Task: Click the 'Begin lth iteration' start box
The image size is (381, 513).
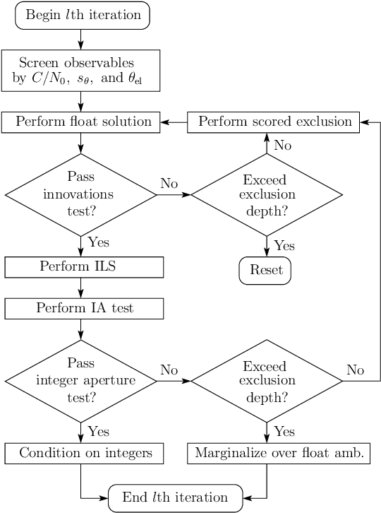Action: click(x=83, y=16)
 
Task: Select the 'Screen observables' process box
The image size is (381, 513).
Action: click(x=81, y=71)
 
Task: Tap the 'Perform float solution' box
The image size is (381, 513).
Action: click(x=81, y=122)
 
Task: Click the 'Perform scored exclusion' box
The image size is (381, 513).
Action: click(x=274, y=122)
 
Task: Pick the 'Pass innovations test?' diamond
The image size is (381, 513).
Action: click(x=81, y=194)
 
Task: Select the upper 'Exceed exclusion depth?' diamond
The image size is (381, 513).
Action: click(x=267, y=194)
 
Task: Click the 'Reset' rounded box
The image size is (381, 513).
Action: click(x=265, y=270)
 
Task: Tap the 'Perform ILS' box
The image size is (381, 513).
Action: click(x=84, y=267)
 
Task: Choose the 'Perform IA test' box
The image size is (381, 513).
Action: click(x=84, y=308)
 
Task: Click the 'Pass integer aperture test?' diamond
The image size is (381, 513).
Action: click(x=81, y=381)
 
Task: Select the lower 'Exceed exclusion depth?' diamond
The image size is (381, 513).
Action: click(x=267, y=381)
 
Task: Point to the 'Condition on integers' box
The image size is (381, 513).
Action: click(x=84, y=453)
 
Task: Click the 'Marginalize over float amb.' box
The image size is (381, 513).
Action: click(x=279, y=453)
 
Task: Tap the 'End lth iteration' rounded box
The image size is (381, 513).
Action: click(x=175, y=497)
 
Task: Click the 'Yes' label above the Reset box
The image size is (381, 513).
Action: click(x=284, y=245)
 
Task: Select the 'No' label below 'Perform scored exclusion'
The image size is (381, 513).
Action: click(x=282, y=145)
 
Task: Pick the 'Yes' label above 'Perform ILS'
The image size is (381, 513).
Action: click(x=99, y=242)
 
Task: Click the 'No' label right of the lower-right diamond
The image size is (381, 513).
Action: click(x=356, y=370)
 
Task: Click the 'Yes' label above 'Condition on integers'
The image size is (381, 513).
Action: click(x=99, y=431)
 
